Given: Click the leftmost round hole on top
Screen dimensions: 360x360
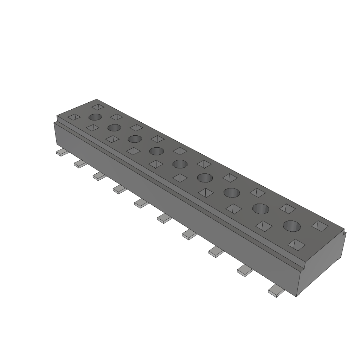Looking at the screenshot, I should [95, 117].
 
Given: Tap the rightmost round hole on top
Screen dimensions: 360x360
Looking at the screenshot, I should [292, 226].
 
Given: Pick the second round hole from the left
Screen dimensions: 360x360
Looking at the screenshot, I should [115, 128].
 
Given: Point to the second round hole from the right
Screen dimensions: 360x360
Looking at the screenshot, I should [261, 209].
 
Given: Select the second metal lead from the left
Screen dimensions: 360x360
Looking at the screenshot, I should [79, 163].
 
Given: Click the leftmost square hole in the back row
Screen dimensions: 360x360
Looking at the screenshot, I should [98, 106].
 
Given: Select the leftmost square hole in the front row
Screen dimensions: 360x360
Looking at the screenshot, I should [74, 117].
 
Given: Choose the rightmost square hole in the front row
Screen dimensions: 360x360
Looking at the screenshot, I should [296, 244].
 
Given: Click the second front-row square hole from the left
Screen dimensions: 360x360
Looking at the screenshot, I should [92, 128].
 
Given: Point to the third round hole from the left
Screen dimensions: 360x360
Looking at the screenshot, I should [135, 139].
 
